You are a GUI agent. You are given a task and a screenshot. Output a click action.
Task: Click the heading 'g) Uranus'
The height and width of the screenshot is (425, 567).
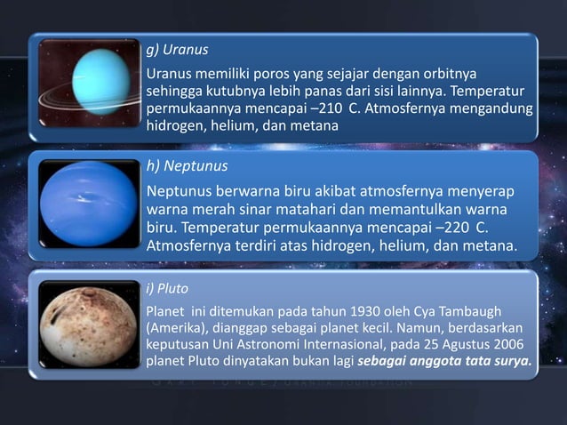coord(177,49)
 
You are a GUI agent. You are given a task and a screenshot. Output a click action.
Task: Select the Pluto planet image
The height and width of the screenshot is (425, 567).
coord(88,325)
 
